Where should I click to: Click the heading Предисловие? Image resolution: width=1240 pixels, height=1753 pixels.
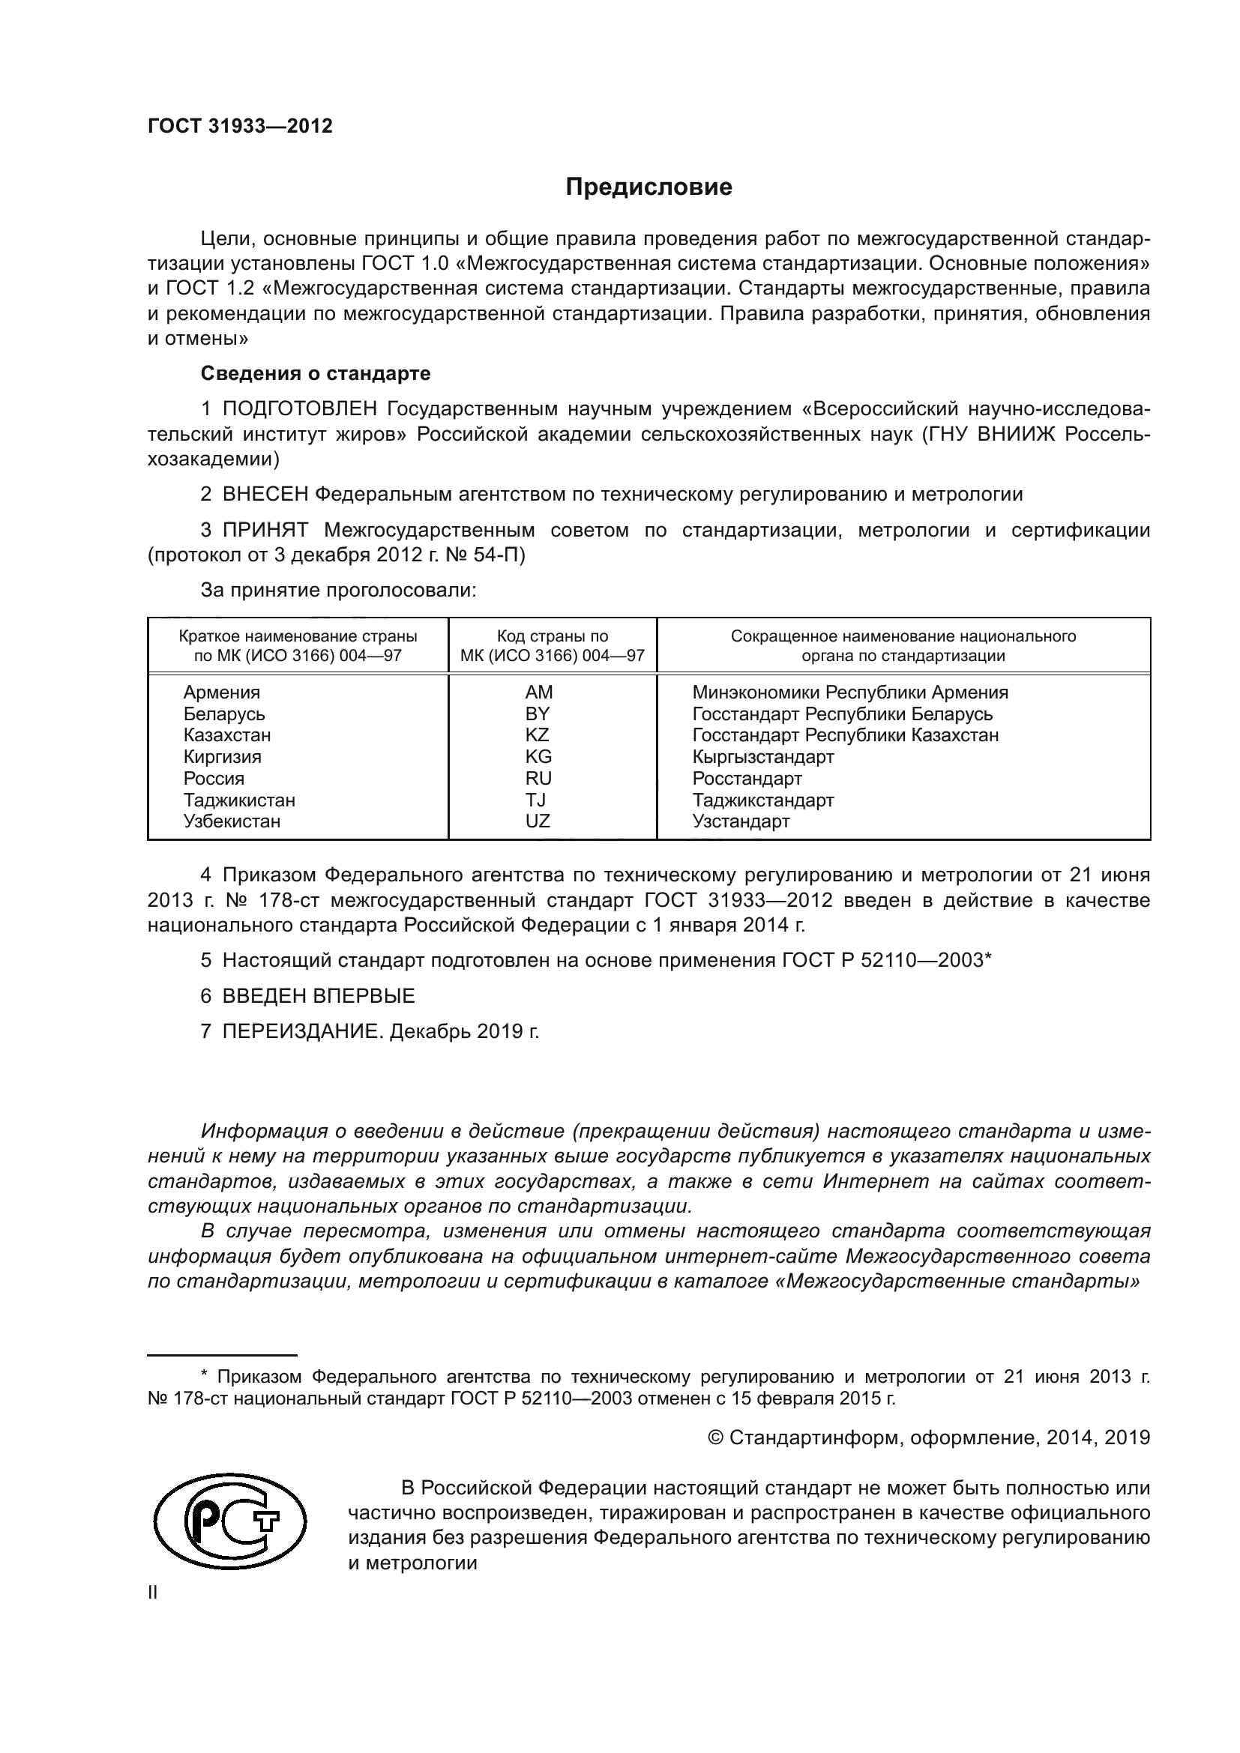(x=648, y=187)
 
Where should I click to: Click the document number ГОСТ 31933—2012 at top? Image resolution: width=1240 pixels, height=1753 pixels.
(x=240, y=127)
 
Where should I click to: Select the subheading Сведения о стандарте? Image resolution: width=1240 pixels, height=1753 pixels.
(x=316, y=373)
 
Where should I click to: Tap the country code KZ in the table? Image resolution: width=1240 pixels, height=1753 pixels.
(x=538, y=735)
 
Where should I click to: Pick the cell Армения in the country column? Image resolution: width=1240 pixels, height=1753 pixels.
(x=221, y=693)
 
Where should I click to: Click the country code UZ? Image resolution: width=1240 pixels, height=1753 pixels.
(x=538, y=821)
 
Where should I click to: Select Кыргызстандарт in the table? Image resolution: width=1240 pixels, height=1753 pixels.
(x=762, y=758)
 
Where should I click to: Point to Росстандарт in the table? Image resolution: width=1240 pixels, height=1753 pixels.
(x=747, y=779)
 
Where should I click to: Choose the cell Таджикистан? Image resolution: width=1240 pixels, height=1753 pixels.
(x=239, y=800)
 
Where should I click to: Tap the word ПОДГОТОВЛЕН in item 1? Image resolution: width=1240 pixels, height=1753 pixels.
(x=300, y=409)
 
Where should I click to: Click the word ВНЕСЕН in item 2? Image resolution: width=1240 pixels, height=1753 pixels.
(x=265, y=495)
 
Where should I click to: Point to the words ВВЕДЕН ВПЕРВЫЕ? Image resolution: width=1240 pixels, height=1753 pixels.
(x=319, y=996)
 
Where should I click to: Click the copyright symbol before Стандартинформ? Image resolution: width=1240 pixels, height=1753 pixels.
(x=715, y=1438)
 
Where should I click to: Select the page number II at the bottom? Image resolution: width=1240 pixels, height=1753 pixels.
(x=153, y=1593)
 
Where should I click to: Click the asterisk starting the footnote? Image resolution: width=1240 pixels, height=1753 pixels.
(x=204, y=1376)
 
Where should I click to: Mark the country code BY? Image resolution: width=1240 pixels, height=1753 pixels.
(x=538, y=714)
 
